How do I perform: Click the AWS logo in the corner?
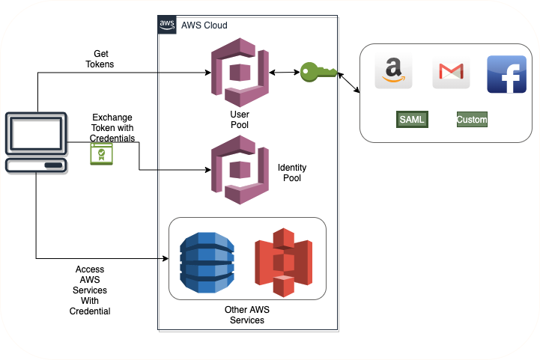[168, 25]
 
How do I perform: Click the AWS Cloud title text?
[204, 25]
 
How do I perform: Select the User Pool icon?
[240, 73]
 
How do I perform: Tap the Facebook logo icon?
[506, 74]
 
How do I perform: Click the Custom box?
[472, 119]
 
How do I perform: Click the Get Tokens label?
[101, 59]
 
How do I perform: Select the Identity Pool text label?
[292, 173]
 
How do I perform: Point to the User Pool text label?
[240, 120]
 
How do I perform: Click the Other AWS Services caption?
[245, 314]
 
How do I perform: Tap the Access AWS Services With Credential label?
[90, 290]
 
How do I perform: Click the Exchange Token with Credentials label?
[112, 128]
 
